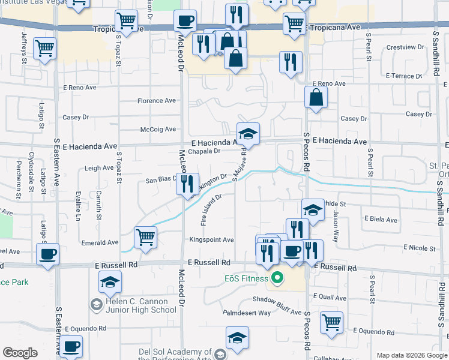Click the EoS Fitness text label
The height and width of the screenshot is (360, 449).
(245, 278)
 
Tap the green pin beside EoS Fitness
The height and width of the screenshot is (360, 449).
(277, 278)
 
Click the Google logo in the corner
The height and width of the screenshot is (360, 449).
(20, 353)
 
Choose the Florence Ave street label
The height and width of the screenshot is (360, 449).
(157, 101)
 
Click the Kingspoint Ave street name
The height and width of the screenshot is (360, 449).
(211, 240)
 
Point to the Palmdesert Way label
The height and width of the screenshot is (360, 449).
(247, 313)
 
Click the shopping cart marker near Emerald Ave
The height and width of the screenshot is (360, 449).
(145, 238)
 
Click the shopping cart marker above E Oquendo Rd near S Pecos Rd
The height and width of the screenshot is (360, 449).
(331, 323)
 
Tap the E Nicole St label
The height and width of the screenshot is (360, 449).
(420, 248)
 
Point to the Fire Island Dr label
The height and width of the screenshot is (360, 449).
(211, 209)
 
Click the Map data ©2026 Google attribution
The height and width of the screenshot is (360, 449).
(411, 355)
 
